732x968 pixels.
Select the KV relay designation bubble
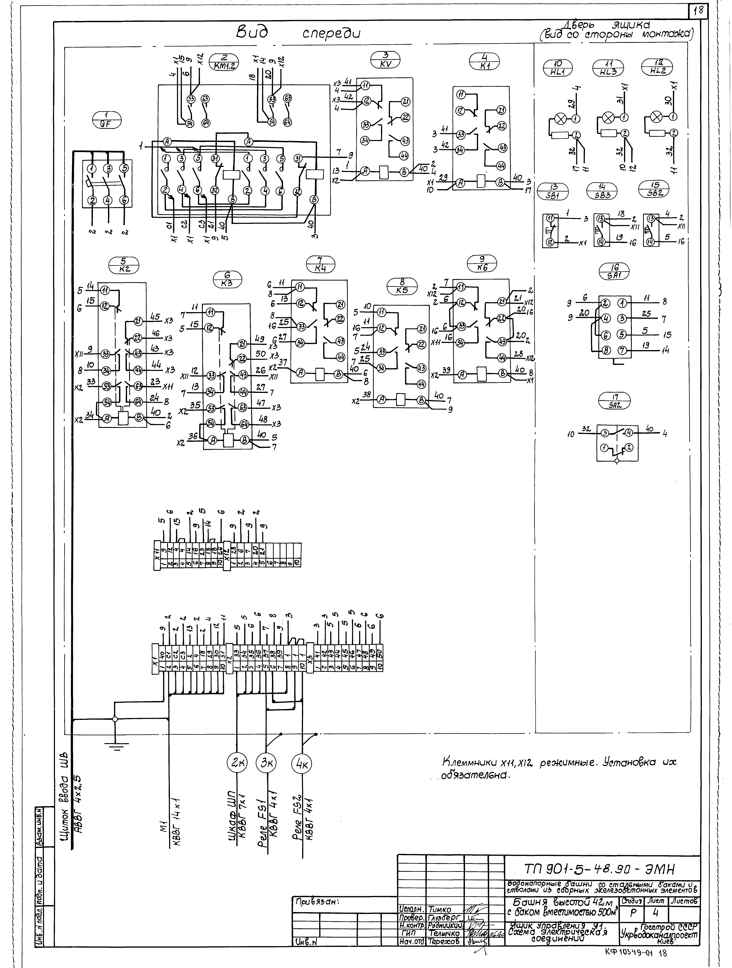pyautogui.click(x=386, y=60)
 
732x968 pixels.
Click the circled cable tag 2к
pyautogui.click(x=237, y=764)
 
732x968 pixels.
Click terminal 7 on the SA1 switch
pyautogui.click(x=622, y=350)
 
